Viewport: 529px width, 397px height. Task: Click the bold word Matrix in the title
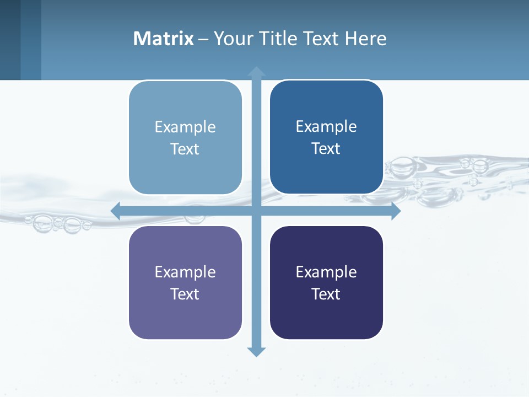[x=163, y=39]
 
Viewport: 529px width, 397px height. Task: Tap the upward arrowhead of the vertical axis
[x=256, y=72]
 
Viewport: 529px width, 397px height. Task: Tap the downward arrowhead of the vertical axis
[x=256, y=351]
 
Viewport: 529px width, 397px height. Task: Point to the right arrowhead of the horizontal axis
[x=395, y=211]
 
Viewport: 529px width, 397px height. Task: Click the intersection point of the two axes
[x=256, y=211]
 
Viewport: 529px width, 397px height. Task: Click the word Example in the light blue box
[x=185, y=127]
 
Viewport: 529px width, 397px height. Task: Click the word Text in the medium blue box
[x=326, y=149]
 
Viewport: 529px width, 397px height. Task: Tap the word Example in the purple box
[x=185, y=272]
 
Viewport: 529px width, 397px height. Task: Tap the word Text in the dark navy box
[x=326, y=294]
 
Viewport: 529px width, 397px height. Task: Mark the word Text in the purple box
[x=185, y=294]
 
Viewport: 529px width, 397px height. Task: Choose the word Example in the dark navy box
[x=326, y=272]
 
